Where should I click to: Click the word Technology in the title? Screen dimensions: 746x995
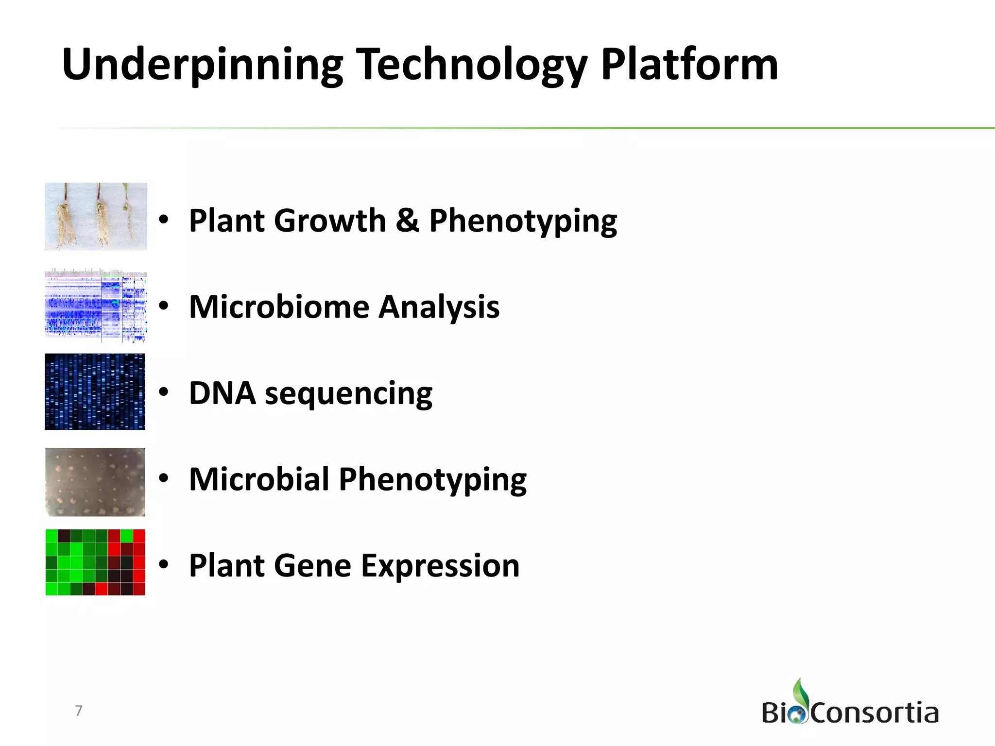click(471, 66)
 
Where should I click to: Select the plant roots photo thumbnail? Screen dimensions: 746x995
click(96, 217)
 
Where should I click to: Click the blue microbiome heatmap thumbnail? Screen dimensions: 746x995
click(96, 306)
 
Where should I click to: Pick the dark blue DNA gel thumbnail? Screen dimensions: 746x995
click(95, 391)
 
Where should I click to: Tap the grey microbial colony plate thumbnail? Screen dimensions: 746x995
click(95, 482)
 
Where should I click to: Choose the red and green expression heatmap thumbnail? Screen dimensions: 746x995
click(95, 562)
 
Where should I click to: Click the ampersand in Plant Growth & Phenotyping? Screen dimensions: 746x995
click(407, 220)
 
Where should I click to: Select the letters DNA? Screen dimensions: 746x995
click(222, 393)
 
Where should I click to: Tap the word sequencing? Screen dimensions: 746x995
click(348, 394)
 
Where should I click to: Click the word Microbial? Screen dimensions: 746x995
click(259, 479)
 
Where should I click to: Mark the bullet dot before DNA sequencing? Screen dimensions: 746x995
click(164, 391)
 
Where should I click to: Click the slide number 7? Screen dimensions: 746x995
click(79, 711)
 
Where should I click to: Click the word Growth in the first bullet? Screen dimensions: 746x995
click(330, 220)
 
